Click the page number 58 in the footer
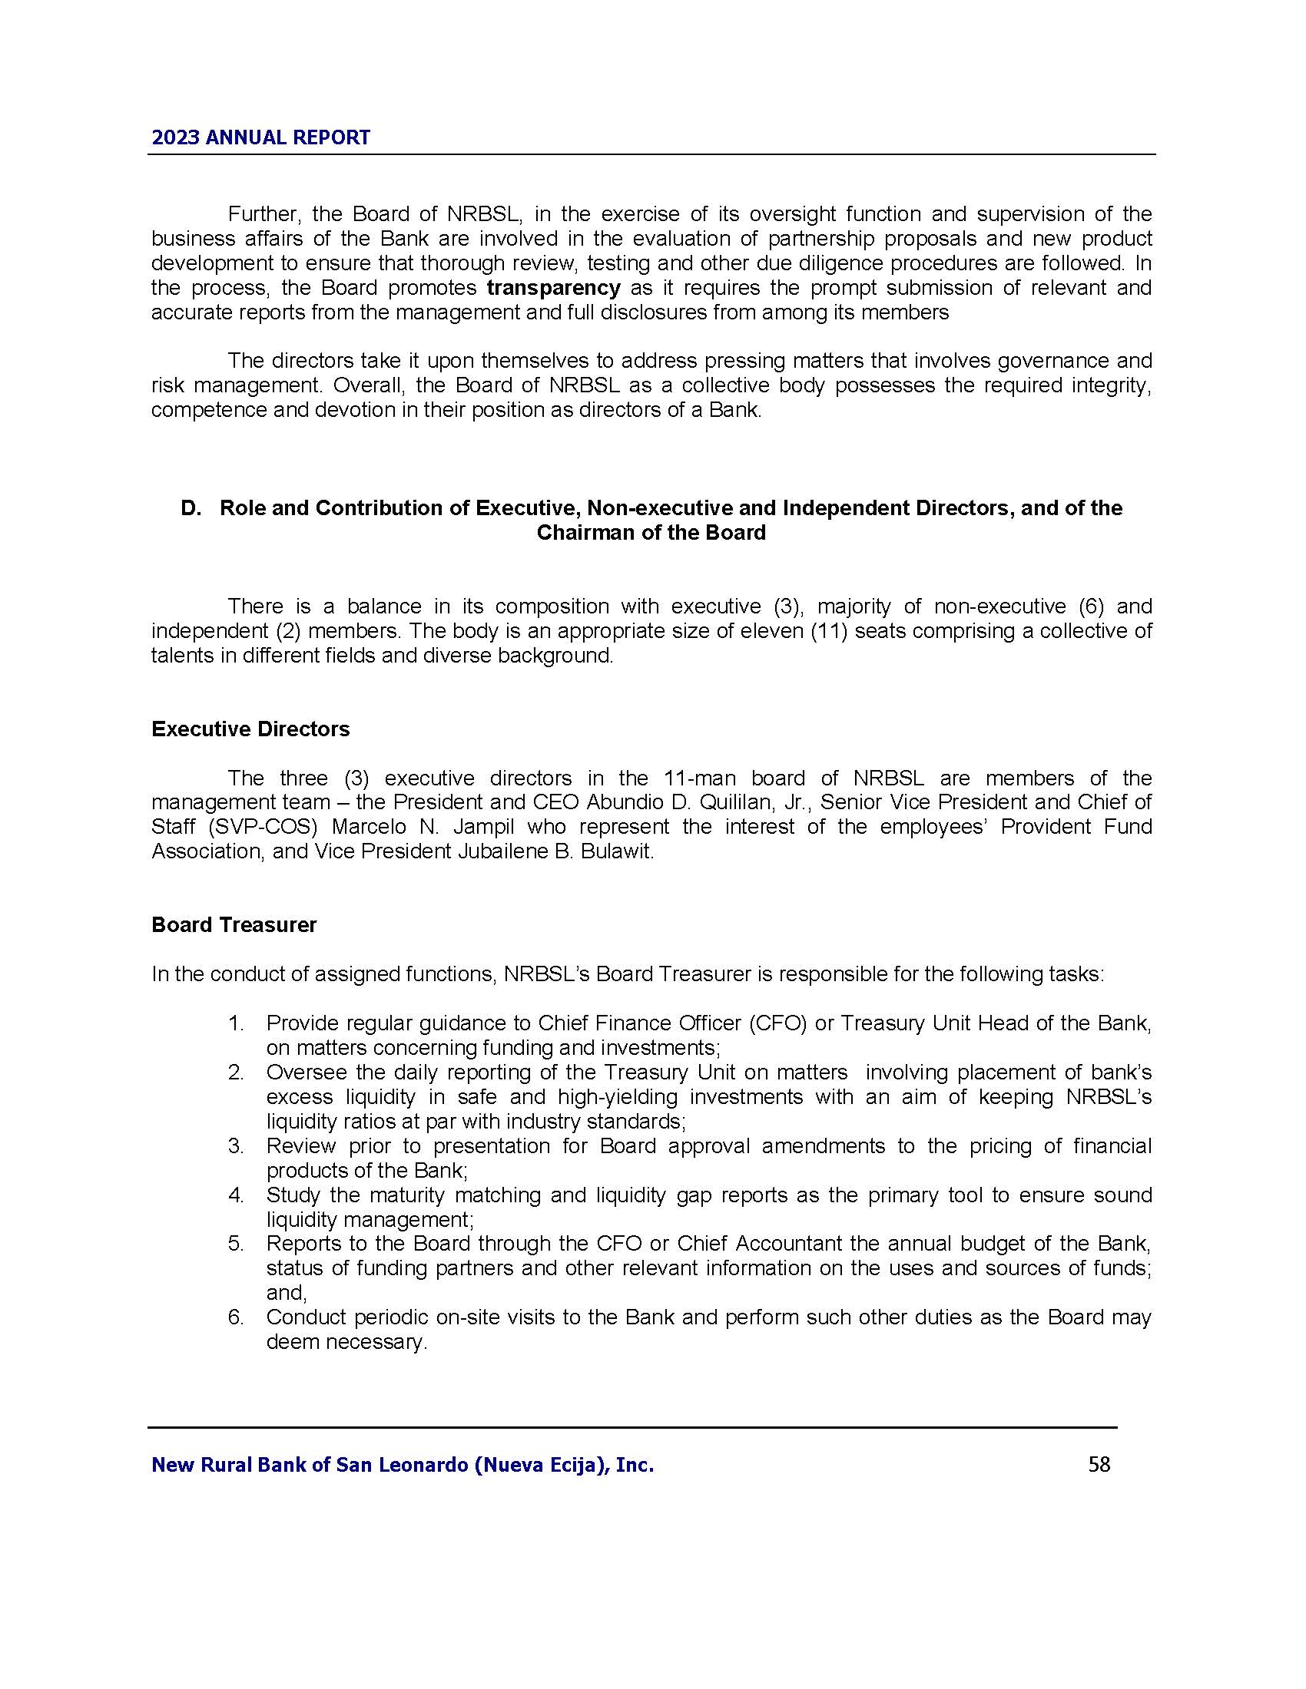point(1099,1464)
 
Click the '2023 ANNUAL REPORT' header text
point(260,137)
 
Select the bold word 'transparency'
point(553,289)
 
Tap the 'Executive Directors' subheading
point(250,729)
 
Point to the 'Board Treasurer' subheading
point(234,925)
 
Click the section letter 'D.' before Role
point(191,508)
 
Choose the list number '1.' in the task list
point(236,1023)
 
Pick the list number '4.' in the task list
point(236,1195)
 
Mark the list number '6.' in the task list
point(236,1317)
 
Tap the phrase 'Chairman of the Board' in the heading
point(651,533)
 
